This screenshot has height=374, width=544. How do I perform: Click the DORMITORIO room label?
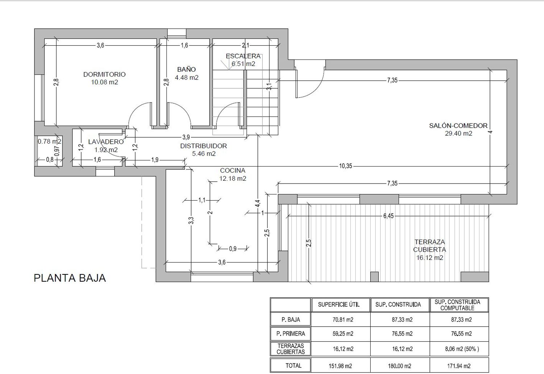(104, 75)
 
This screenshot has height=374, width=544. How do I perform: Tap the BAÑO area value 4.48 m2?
(186, 77)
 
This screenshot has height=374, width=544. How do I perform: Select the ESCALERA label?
(243, 56)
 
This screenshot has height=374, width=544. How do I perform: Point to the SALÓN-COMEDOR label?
(458, 126)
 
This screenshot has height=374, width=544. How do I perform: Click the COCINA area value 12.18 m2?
(233, 178)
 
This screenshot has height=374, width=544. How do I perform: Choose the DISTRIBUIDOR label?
(203, 146)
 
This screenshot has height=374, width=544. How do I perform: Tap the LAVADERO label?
(106, 142)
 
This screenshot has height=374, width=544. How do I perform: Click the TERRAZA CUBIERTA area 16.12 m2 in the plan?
(430, 258)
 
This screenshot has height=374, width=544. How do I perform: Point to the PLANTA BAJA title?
(70, 278)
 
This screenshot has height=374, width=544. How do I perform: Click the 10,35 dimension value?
(345, 166)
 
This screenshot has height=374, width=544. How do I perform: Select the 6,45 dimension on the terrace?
(388, 216)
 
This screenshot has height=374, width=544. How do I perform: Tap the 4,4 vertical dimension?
(257, 203)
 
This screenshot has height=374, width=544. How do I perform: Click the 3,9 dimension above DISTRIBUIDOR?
(186, 137)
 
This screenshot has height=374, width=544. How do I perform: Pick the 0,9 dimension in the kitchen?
(233, 249)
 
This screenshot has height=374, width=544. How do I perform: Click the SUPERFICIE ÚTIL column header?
(339, 304)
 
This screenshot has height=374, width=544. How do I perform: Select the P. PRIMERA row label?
(290, 334)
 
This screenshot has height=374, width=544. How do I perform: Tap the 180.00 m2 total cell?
(400, 366)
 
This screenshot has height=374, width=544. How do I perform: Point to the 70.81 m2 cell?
(343, 320)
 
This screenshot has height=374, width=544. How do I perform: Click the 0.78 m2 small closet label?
(50, 141)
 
